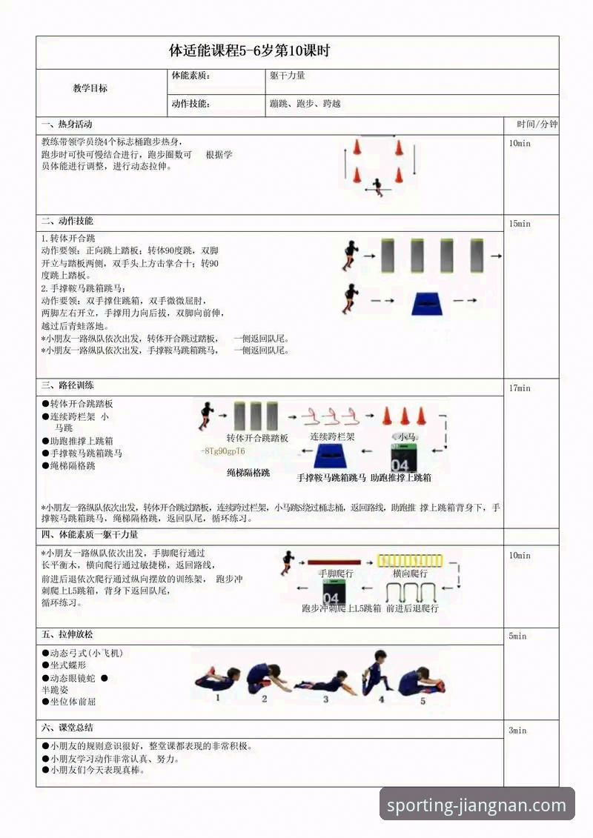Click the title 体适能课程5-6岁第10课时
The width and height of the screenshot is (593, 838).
249,52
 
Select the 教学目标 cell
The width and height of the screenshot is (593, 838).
90,88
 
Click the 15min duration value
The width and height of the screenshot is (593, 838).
520,224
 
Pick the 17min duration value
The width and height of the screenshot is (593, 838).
520,388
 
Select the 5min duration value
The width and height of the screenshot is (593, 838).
517,636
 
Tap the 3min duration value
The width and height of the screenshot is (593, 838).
517,731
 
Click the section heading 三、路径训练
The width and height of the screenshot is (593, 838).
67,386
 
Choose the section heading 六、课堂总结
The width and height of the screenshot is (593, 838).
67,728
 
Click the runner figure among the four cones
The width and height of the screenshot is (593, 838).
379,186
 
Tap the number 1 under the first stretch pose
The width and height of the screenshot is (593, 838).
217,697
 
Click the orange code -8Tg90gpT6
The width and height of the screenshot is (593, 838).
223,451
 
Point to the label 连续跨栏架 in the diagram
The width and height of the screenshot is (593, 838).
332,437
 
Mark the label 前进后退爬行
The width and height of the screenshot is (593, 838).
411,608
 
